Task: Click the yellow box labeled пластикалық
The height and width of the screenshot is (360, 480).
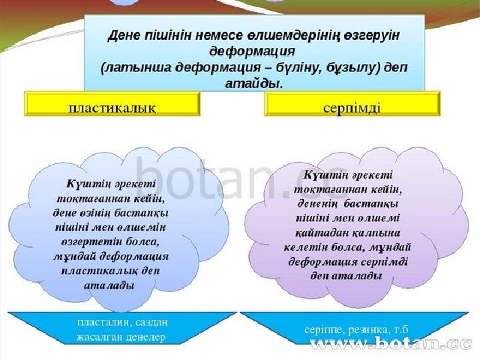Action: [x=112, y=104]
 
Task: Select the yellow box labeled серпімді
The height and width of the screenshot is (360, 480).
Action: [x=353, y=104]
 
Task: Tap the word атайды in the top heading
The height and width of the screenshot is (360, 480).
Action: [x=253, y=83]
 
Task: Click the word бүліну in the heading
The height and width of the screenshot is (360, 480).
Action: [x=293, y=67]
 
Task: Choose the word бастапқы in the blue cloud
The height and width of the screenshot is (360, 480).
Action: [x=141, y=213]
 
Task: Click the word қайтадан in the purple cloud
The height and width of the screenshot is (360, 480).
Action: [x=321, y=233]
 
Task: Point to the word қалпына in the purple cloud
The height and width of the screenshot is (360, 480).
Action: [x=375, y=233]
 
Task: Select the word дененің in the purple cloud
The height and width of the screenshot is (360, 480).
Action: [x=317, y=204]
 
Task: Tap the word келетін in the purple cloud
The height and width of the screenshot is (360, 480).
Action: [x=303, y=247]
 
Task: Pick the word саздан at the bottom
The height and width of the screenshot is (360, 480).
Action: [x=151, y=323]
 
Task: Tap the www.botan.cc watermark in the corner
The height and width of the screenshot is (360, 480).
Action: [x=391, y=343]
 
